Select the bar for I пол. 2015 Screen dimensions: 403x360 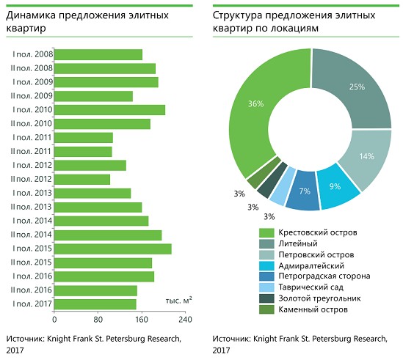[113, 249]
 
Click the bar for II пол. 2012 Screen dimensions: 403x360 [82, 180]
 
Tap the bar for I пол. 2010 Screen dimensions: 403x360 [110, 110]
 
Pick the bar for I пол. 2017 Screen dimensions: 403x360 [95, 304]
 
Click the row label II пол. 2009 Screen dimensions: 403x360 [32, 96]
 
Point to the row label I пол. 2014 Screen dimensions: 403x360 [32, 221]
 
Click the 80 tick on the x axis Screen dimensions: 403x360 [98, 320]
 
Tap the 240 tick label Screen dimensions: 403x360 [185, 320]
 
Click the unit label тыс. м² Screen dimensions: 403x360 [179, 300]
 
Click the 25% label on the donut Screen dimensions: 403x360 [357, 87]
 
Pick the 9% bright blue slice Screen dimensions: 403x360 [337, 188]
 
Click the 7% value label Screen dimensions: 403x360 [305, 191]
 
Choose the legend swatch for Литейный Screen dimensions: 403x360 [266, 243]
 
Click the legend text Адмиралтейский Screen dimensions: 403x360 [311, 265]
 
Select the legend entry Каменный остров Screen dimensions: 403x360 [303, 309]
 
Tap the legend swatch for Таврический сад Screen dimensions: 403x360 [266, 287]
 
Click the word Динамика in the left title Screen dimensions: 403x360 [31, 15]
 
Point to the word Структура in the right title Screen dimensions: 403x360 [238, 16]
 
